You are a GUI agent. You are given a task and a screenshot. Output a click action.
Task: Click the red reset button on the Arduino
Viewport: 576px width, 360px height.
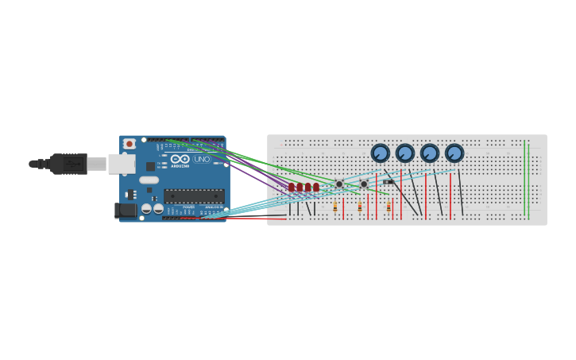129,144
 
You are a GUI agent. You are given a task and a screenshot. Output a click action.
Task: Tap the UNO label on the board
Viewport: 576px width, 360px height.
202,159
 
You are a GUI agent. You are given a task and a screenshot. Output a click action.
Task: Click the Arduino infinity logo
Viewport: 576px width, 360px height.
180,159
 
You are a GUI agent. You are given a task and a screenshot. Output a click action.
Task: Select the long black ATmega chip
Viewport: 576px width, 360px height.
193,195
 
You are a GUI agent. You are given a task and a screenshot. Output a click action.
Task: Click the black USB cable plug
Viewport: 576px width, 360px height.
68,164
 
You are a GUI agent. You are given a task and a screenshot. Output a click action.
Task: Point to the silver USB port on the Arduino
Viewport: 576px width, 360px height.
121,164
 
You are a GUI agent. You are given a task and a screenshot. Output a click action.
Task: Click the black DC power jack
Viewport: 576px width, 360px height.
126,210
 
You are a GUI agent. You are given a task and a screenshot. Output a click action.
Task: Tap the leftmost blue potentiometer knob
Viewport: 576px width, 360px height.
381,153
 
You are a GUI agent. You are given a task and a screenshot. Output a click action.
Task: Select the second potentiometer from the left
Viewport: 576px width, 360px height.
405,153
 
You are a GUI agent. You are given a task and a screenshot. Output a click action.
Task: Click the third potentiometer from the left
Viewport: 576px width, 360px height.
430,153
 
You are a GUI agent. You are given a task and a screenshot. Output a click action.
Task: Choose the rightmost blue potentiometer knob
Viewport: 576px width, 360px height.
454,153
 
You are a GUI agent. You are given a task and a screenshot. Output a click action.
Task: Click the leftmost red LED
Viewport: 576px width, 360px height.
292,188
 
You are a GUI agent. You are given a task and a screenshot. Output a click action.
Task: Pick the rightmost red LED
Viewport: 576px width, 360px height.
315,188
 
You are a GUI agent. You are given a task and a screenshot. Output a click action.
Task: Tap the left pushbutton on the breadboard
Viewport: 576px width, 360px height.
339,184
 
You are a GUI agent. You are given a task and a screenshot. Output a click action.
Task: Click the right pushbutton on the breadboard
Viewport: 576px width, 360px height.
364,184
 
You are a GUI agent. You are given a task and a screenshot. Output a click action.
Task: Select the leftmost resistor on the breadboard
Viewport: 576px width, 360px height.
335,207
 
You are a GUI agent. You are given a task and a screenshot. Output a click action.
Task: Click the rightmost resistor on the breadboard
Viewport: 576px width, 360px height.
389,207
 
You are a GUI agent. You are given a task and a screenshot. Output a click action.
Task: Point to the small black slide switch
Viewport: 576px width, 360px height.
388,182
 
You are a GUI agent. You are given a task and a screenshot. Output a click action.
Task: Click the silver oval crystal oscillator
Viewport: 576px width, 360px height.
149,180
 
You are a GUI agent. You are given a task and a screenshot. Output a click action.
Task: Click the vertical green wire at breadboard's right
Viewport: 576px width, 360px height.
524,179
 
